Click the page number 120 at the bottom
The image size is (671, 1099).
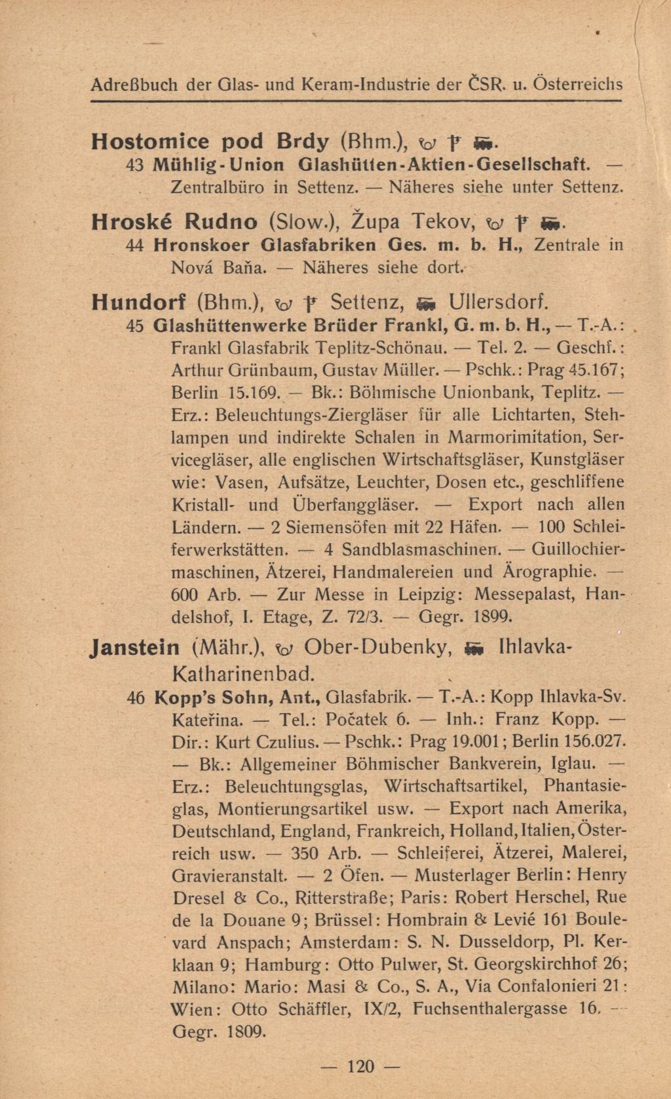tap(360, 1067)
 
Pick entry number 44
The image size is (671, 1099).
tap(136, 245)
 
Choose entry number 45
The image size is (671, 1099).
tap(136, 325)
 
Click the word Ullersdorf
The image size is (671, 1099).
tap(498, 302)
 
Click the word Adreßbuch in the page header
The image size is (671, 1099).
tap(134, 84)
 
